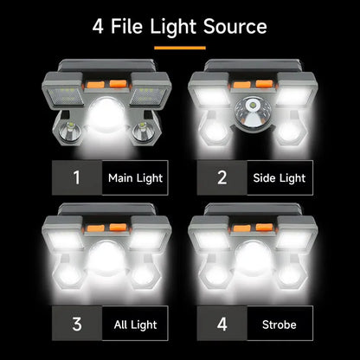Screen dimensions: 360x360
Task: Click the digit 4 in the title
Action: tap(99, 26)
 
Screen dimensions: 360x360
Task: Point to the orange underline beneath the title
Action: tap(179, 47)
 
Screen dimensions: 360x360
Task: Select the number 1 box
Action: tap(76, 178)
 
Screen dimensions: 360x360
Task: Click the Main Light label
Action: tap(135, 178)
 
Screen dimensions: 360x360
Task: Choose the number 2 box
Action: tap(222, 178)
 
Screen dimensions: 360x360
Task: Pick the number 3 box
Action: tap(76, 325)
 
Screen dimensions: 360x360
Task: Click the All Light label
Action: tap(135, 325)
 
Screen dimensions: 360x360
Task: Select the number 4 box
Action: tap(222, 325)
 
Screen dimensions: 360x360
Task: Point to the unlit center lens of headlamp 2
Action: tap(253, 112)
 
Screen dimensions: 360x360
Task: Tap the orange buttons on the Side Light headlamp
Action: tap(253, 85)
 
